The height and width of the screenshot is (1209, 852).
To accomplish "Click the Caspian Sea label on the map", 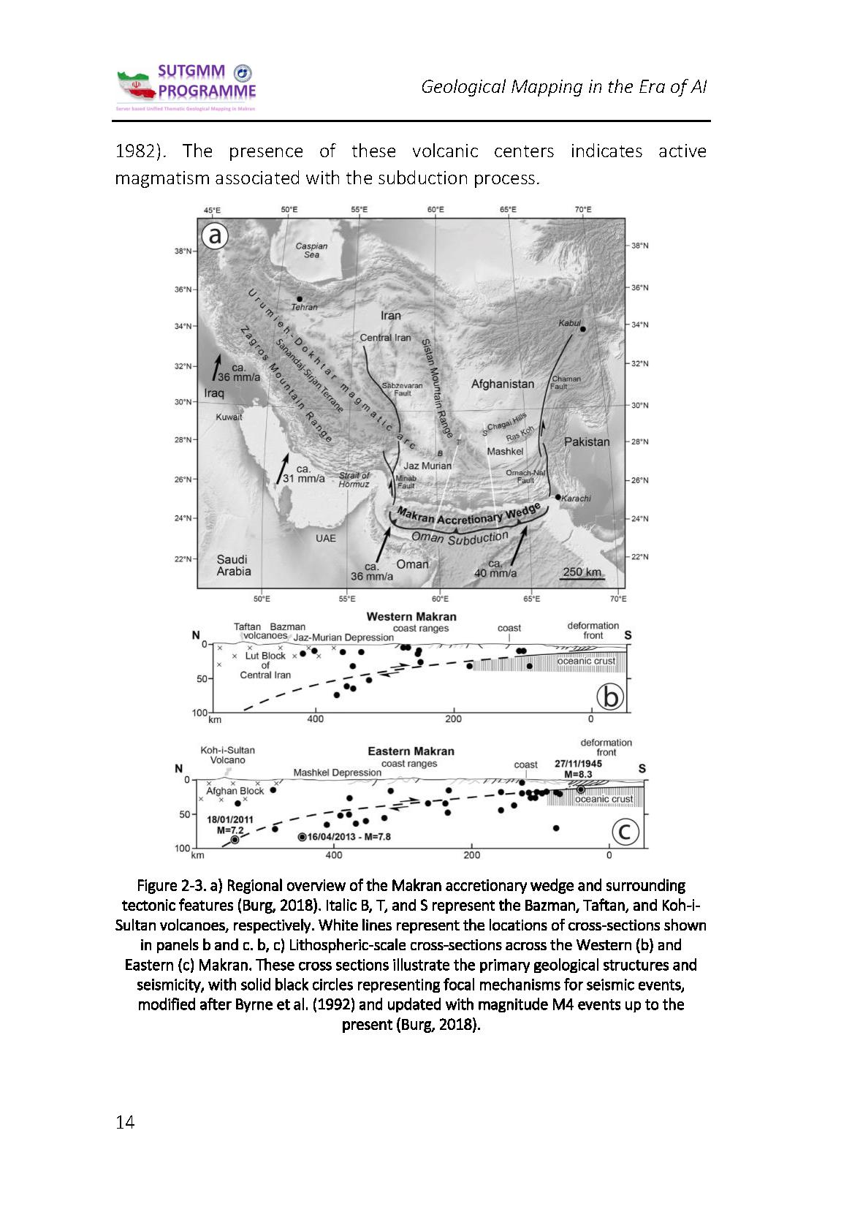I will [311, 250].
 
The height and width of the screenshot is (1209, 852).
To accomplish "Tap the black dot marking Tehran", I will [300, 298].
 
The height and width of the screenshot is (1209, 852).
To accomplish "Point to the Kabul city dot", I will [582, 329].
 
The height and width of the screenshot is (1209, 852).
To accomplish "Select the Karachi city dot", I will [558, 497].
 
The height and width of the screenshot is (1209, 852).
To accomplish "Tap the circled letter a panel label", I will [215, 236].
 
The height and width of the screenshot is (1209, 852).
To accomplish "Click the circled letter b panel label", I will [610, 697].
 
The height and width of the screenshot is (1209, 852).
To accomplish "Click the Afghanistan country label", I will [503, 384].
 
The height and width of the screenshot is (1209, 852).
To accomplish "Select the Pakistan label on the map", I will [586, 441].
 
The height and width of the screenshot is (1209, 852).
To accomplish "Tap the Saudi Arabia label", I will [233, 565].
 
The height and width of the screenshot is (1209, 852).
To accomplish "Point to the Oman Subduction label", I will [460, 538].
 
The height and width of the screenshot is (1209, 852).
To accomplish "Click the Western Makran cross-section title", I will [411, 617].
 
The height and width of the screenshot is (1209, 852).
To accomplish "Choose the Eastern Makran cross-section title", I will [411, 751].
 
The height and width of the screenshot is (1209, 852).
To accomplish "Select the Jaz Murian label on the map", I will [427, 466].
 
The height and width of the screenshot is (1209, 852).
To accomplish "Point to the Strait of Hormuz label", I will [354, 480].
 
